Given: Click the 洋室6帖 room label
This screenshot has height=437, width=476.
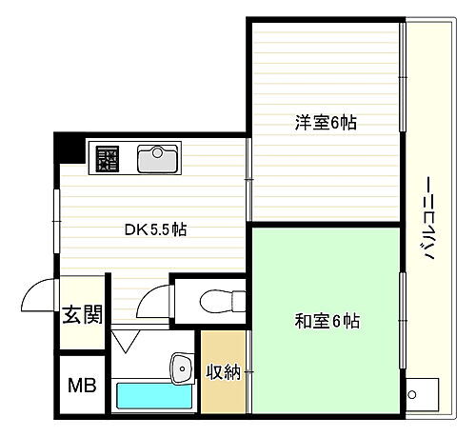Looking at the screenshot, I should click(x=319, y=123).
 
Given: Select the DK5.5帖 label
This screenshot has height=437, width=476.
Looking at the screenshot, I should click(x=155, y=229).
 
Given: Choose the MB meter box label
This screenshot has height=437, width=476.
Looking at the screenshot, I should click(x=80, y=387).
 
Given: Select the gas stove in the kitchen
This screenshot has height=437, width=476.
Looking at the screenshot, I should click(x=106, y=158).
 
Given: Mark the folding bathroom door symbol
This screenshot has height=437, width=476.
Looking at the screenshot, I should click(x=124, y=340).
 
